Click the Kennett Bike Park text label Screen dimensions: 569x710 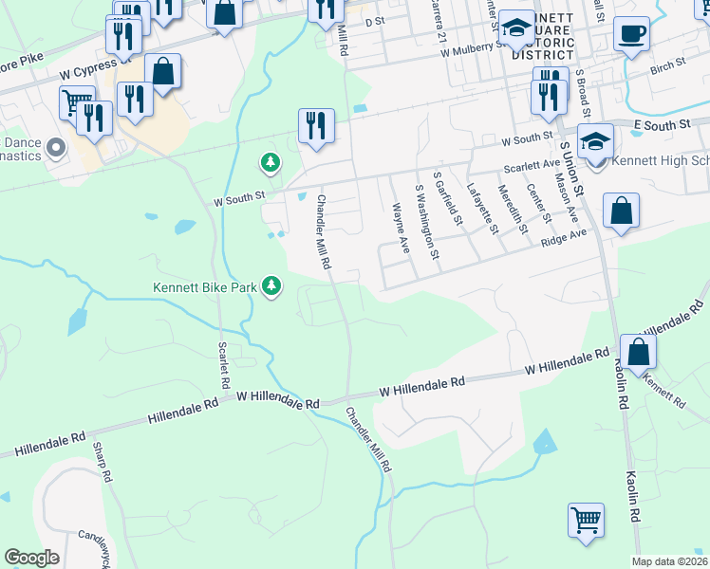[209, 287]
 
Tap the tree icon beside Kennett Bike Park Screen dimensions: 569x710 [272, 285]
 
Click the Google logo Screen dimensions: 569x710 [31, 557]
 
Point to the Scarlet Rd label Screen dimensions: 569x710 [225, 368]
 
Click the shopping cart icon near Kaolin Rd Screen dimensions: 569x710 [587, 519]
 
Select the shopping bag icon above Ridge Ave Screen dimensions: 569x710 [620, 211]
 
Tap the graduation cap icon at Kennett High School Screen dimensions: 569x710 [595, 142]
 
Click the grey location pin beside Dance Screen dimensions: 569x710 [55, 147]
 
